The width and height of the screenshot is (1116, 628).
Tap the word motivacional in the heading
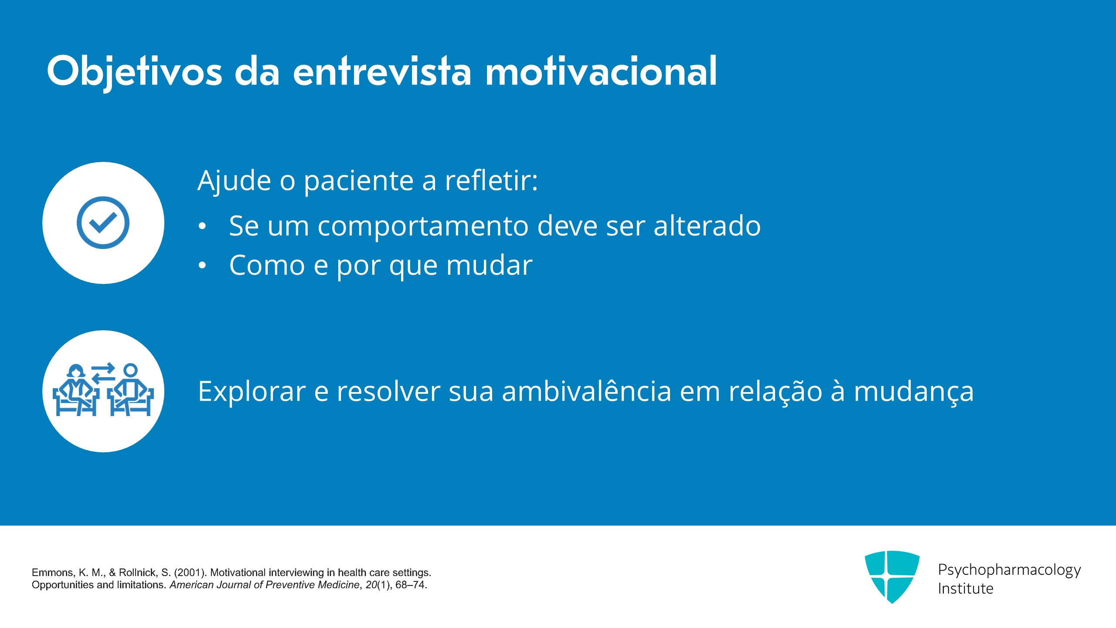click(x=601, y=71)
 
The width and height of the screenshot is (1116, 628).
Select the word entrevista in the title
click(x=382, y=71)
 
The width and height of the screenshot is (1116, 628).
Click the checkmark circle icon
click(x=103, y=222)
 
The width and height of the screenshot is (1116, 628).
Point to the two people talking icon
click(x=103, y=389)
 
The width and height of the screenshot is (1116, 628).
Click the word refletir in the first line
click(x=491, y=180)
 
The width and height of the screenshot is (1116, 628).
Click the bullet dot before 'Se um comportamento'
click(x=202, y=226)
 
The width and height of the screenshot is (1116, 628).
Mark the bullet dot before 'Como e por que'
click(x=202, y=265)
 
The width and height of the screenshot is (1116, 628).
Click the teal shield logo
click(x=892, y=577)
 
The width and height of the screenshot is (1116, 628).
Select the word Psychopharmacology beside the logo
click(x=1009, y=570)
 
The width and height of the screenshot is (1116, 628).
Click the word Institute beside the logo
click(x=966, y=588)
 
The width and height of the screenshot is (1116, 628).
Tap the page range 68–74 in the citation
click(x=411, y=585)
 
